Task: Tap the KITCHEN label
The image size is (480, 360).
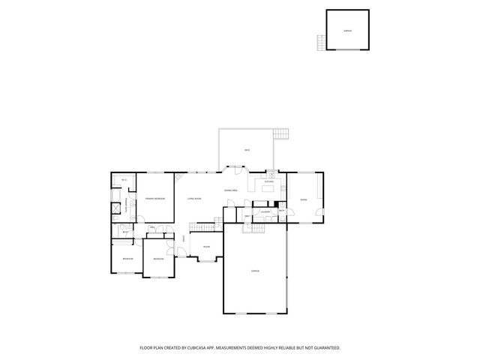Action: point(269,181)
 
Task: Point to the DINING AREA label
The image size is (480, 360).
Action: point(231,191)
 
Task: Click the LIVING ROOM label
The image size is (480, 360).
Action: point(194,199)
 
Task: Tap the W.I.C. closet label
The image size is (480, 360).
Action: point(123,181)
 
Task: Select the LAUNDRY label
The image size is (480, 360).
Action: point(265,213)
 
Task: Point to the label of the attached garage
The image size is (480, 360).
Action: point(254,270)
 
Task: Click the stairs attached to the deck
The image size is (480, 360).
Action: point(281,134)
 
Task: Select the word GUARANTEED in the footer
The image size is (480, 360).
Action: point(326,348)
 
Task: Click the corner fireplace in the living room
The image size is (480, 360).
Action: point(178,178)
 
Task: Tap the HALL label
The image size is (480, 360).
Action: point(151,227)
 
